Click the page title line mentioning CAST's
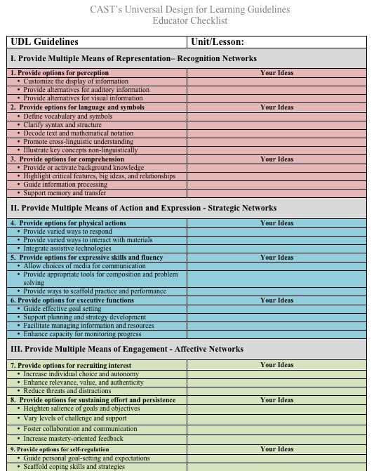point(189,10)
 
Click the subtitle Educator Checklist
point(189,20)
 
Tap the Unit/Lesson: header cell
point(218,42)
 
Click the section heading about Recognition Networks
point(133,58)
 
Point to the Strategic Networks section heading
point(143,208)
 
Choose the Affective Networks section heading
point(127,349)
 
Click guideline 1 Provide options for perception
point(60,73)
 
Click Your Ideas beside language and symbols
point(276,107)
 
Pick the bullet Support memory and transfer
point(65,193)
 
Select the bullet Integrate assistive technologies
point(67,248)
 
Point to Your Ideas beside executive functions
point(276,300)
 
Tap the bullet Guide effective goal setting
point(62,309)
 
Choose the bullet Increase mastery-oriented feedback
point(74,439)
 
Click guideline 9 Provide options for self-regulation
point(60,449)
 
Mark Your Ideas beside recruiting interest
point(276,365)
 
